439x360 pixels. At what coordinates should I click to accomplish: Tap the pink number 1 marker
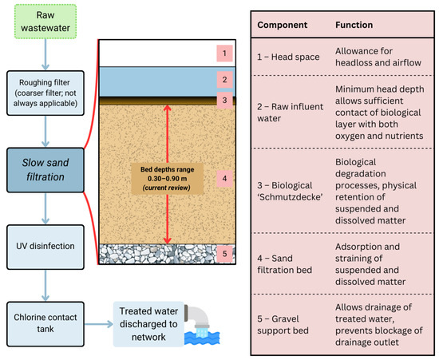tap(227, 53)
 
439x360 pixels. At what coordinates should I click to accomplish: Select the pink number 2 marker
tap(227, 80)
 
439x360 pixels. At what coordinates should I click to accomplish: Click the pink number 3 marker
tap(227, 101)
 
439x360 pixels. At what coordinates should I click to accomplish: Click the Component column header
tap(283, 25)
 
